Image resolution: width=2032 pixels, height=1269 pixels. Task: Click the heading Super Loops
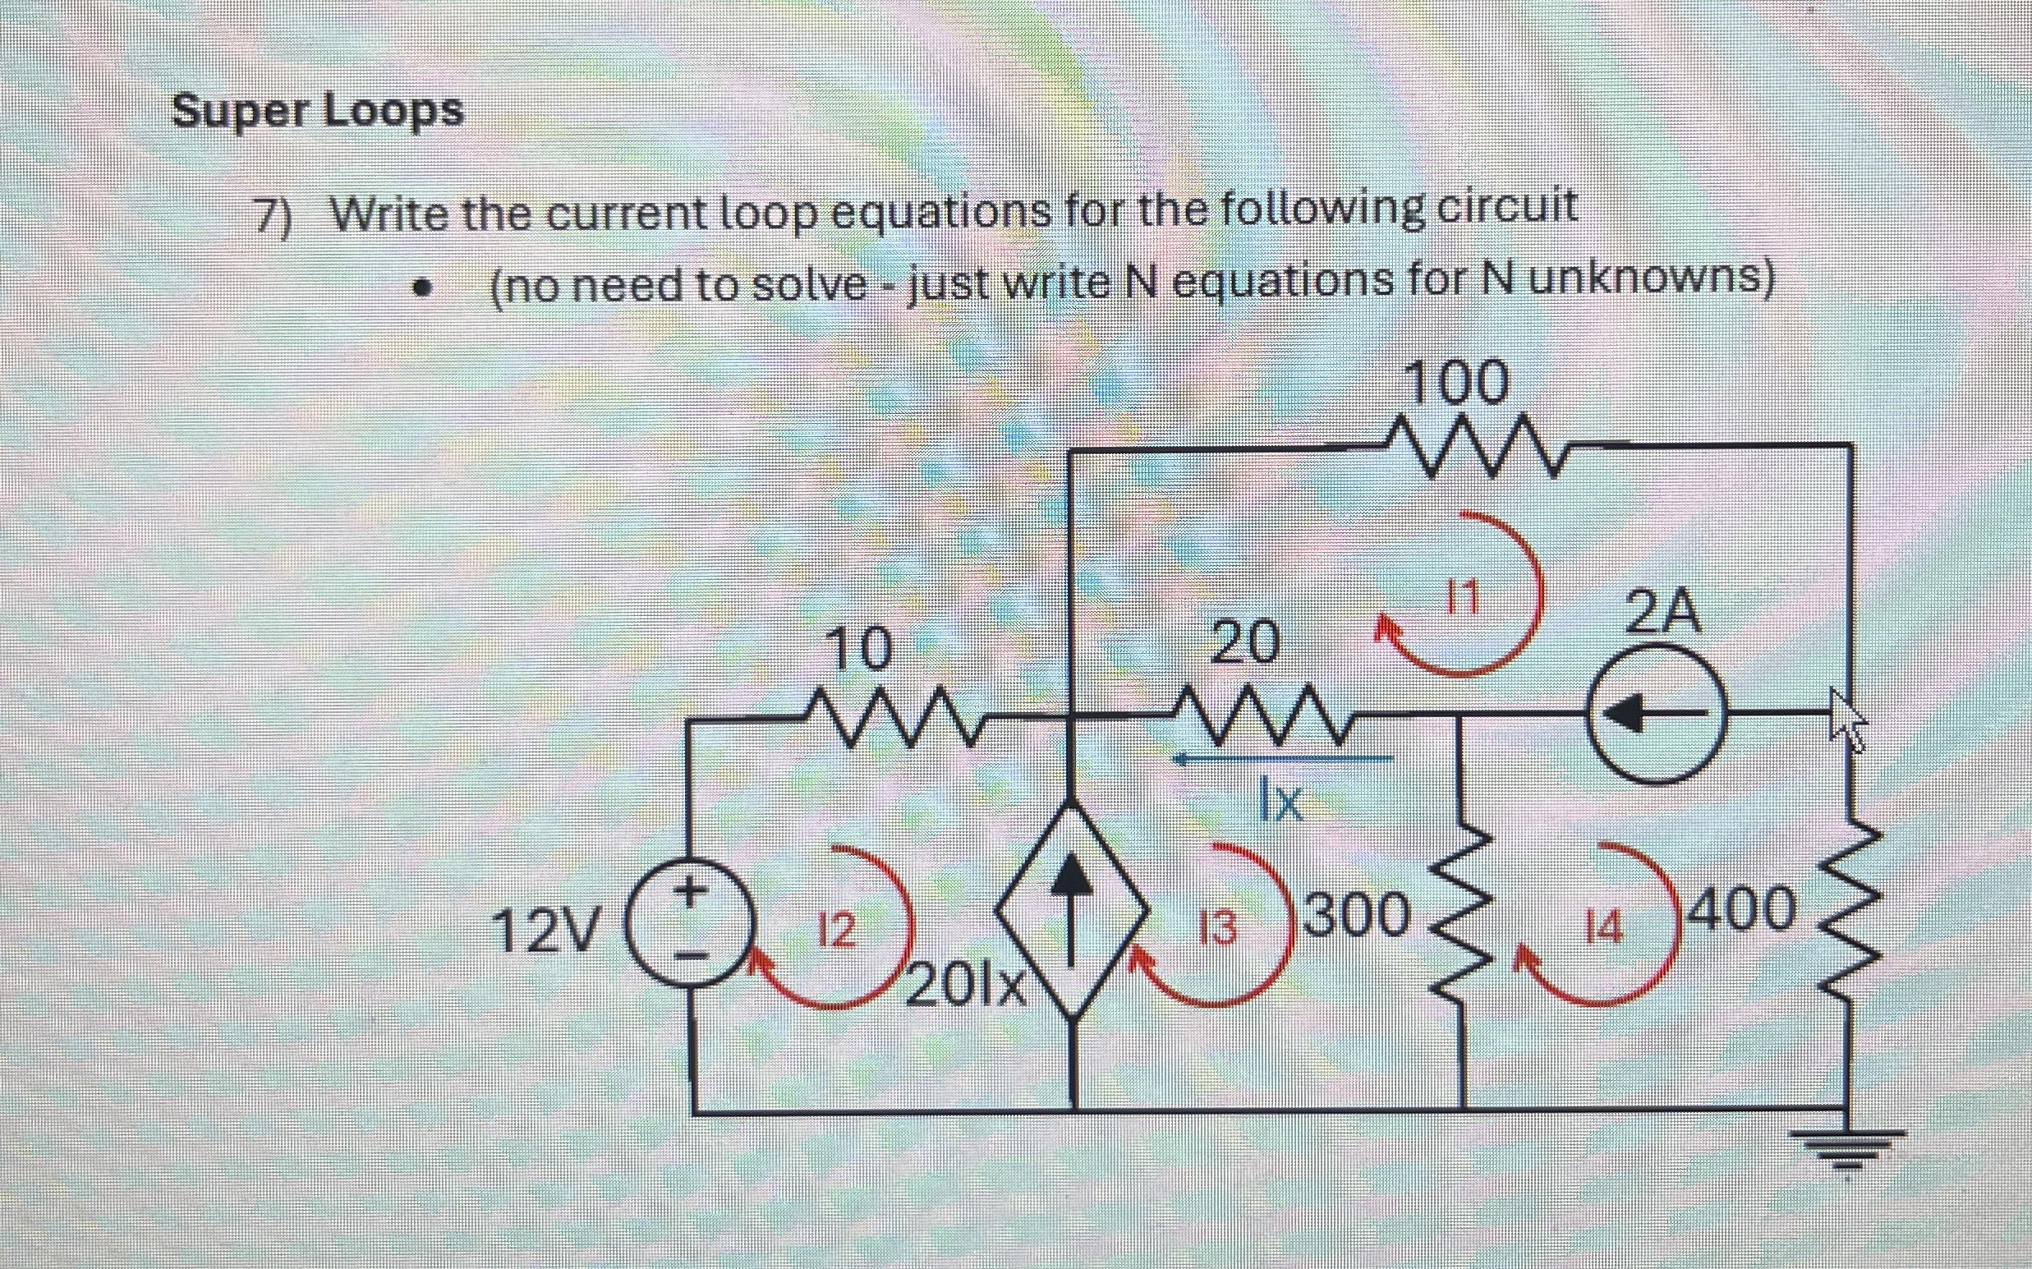[317, 111]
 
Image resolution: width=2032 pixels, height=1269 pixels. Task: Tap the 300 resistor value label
[1355, 914]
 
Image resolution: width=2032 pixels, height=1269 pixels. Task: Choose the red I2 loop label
[835, 930]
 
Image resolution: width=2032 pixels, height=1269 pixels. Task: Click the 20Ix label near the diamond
[967, 987]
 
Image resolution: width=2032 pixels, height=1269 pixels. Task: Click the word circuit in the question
[1506, 206]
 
